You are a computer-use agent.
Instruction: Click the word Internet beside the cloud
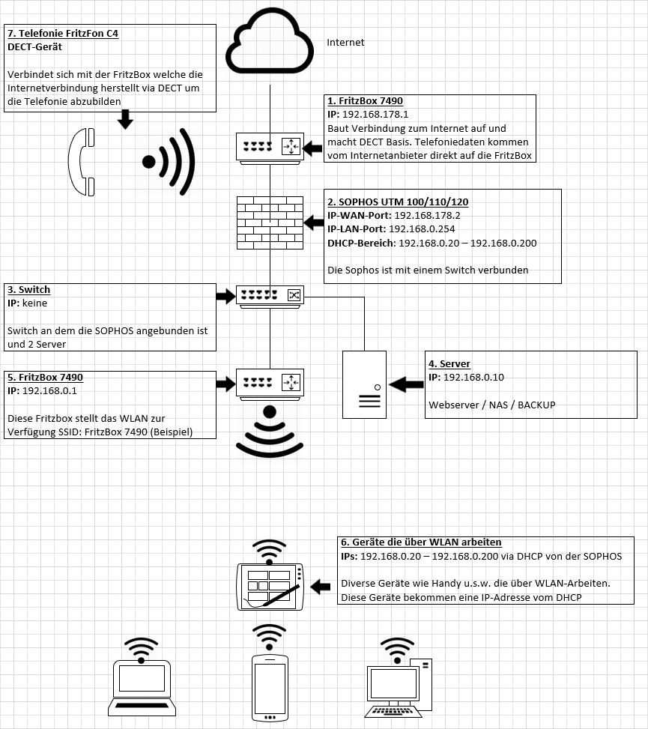point(345,42)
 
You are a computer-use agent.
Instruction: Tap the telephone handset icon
point(82,162)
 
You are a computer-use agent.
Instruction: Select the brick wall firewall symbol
point(270,223)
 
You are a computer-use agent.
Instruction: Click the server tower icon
point(364,384)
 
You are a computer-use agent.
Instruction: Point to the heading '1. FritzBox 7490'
point(365,101)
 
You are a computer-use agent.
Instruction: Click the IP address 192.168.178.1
point(375,115)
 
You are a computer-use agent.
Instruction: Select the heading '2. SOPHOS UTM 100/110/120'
point(398,202)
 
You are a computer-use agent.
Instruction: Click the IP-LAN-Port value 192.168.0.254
point(422,229)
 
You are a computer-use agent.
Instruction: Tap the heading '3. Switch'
point(28,290)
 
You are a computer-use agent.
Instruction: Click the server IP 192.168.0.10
point(473,377)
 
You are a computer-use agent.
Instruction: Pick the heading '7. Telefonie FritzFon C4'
point(63,34)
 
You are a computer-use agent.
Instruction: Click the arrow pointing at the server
point(406,384)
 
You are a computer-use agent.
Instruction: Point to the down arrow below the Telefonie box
point(125,119)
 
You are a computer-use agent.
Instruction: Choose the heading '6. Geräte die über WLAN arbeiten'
point(421,542)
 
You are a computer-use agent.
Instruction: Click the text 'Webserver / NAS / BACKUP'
point(492,405)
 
